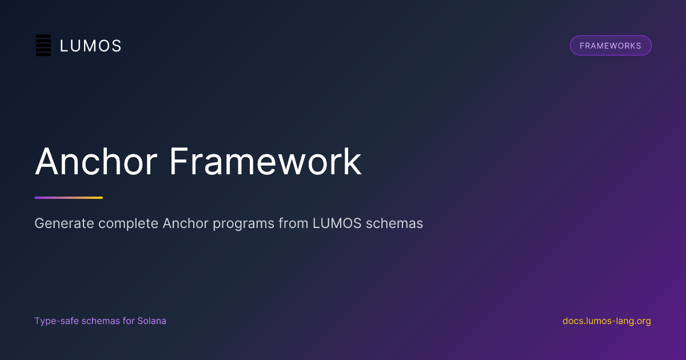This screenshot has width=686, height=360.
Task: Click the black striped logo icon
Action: click(x=43, y=45)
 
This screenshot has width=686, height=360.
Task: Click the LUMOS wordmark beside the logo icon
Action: click(x=91, y=46)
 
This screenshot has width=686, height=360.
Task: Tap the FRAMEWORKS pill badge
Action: click(x=611, y=46)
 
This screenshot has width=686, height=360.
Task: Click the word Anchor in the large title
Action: click(x=96, y=161)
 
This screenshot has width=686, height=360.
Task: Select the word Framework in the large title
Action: click(x=265, y=161)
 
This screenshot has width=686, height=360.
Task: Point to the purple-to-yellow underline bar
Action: click(x=69, y=198)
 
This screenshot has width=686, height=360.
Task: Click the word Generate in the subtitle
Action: click(x=64, y=223)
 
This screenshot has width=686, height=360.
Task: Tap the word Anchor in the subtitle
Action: click(x=186, y=223)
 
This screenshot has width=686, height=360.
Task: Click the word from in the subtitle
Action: click(x=293, y=223)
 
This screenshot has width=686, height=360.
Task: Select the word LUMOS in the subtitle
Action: click(x=337, y=223)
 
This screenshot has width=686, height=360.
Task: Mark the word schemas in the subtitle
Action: click(x=394, y=223)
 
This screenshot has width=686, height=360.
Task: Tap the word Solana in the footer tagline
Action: click(x=151, y=321)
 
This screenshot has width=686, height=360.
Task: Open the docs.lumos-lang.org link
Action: click(x=607, y=321)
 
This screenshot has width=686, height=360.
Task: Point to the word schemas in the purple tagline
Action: click(x=101, y=321)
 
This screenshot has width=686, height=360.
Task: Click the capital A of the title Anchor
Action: click(x=46, y=161)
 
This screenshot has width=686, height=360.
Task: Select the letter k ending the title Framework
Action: click(x=353, y=161)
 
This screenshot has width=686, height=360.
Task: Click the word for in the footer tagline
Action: click(x=129, y=321)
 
